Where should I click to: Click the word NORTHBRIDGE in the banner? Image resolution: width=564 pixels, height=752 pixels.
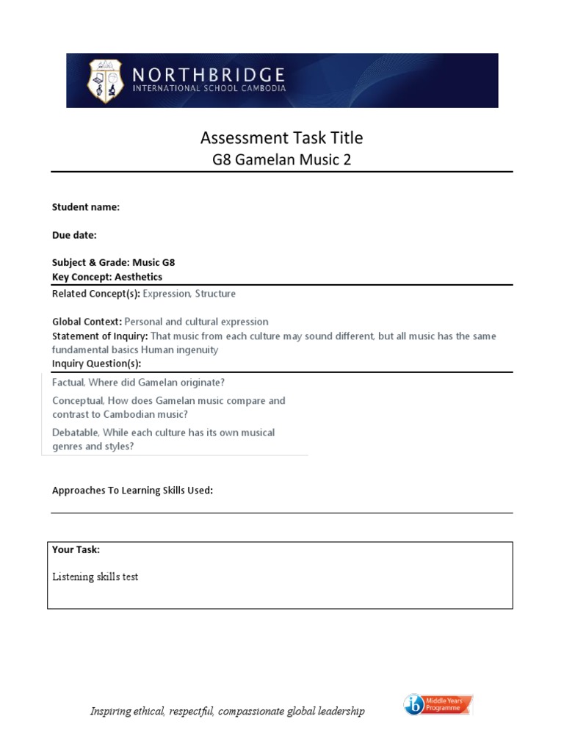(208, 75)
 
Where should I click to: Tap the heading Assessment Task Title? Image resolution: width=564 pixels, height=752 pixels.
(281, 137)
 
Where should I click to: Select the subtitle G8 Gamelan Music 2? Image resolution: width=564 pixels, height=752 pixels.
(281, 159)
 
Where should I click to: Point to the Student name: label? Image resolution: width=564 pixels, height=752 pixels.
(85, 207)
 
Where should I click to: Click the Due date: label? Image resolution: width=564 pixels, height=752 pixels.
(73, 235)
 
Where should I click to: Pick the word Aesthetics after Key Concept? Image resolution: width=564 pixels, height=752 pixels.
(138, 277)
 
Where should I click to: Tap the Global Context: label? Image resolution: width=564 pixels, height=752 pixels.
(87, 322)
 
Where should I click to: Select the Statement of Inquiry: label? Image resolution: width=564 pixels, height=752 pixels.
(100, 336)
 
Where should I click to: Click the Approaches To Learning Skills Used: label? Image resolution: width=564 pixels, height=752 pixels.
(132, 490)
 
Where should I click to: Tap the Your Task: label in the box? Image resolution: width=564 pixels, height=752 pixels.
(76, 549)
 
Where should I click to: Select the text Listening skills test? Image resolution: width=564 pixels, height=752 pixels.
(95, 576)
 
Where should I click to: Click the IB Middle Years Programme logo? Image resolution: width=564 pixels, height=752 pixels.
(438, 706)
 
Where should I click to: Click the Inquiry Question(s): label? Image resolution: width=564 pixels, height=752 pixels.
(96, 364)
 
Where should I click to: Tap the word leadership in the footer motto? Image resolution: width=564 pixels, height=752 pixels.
(340, 712)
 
